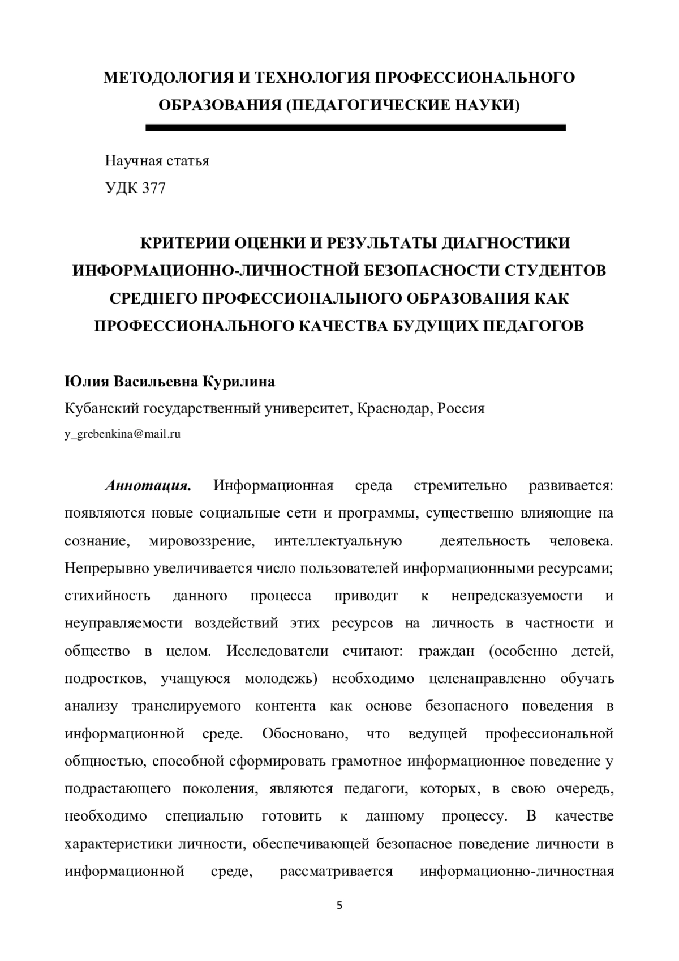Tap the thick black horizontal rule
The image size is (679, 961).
coord(355,128)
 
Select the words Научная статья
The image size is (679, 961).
coord(157,161)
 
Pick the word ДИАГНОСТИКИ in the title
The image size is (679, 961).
coord(505,243)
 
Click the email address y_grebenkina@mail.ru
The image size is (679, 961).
coord(122,435)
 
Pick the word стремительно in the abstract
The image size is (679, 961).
coord(461,486)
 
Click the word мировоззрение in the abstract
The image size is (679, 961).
coord(202,541)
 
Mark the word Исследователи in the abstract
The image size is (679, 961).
coord(277,651)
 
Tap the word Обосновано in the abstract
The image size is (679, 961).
coord(303,734)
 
